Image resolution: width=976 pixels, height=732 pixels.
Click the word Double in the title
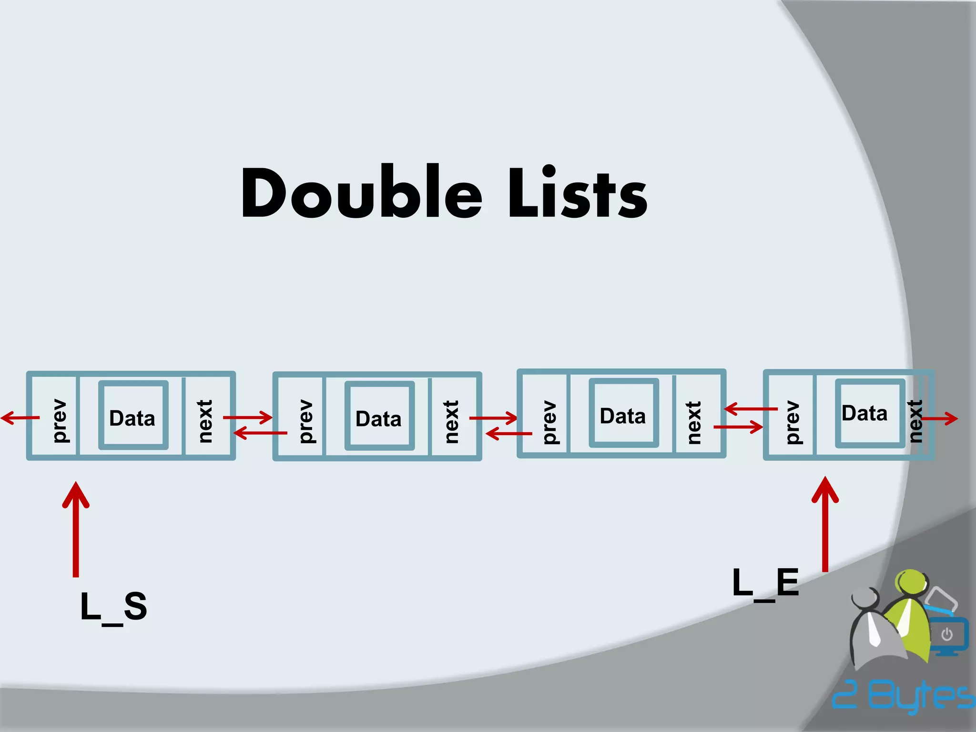[362, 193]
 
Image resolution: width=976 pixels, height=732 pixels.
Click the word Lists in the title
[578, 193]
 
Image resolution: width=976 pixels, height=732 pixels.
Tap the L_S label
[113, 607]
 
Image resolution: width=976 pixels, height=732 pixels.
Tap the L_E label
[765, 582]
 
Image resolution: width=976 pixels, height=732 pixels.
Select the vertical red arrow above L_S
[76, 529]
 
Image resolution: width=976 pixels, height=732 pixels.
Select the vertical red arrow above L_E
[825, 524]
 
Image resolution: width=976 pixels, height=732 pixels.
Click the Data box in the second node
[379, 416]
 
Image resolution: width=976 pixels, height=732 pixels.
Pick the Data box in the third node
[623, 413]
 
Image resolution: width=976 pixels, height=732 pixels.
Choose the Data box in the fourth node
[869, 413]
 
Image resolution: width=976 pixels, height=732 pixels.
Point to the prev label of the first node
[60, 420]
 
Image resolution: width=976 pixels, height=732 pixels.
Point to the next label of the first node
[205, 421]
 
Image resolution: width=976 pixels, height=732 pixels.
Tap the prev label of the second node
[306, 421]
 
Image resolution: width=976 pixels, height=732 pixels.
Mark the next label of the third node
[694, 422]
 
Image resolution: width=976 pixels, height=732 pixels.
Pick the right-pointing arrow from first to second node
[247, 417]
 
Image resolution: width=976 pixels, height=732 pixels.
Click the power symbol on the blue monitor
[947, 634]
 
